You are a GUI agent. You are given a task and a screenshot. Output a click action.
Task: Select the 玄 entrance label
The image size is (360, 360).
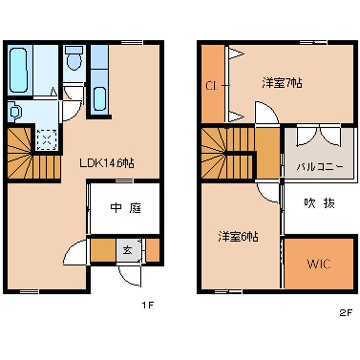127,250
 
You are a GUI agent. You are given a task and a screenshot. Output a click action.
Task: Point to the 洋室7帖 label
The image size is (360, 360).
282,83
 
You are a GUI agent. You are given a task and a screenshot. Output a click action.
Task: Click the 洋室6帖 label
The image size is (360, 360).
238,236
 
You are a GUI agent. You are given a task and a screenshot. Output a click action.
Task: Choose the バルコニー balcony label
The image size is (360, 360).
320,166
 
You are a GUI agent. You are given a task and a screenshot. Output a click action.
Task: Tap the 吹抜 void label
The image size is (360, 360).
319,202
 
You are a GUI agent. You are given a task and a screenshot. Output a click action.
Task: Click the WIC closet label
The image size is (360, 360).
319,264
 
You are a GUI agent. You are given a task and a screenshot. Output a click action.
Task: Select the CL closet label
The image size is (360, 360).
212,86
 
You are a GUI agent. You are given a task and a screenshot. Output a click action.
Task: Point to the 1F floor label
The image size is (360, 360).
148,305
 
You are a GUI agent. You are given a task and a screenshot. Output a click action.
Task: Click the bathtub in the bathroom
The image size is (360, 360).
18,69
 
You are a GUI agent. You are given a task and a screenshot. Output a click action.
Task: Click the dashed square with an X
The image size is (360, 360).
46,138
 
